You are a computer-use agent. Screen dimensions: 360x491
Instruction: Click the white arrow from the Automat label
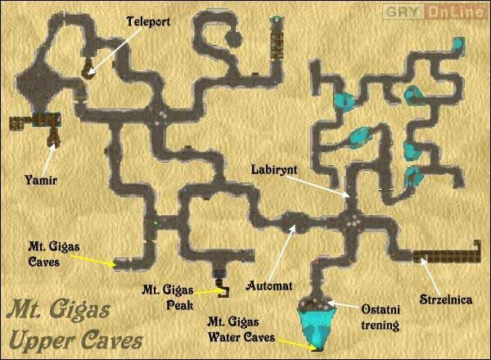click(x=280, y=254)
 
